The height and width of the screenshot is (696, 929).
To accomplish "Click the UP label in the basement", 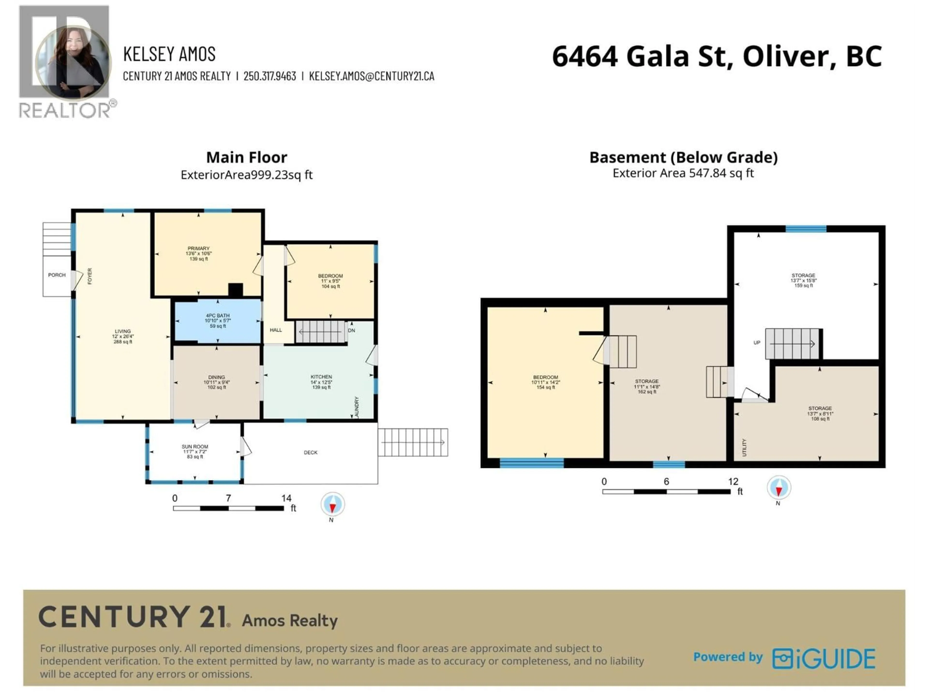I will pyautogui.click(x=757, y=343).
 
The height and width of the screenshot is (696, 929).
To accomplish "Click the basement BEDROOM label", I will pyautogui.click(x=546, y=377).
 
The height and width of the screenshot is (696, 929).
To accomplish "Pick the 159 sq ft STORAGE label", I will pyautogui.click(x=803, y=276).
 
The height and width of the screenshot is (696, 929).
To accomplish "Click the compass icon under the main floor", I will pyautogui.click(x=333, y=504).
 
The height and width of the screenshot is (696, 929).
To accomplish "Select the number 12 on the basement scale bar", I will pyautogui.click(x=733, y=482).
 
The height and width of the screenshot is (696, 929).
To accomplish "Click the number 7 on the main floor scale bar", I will pyautogui.click(x=228, y=498).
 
